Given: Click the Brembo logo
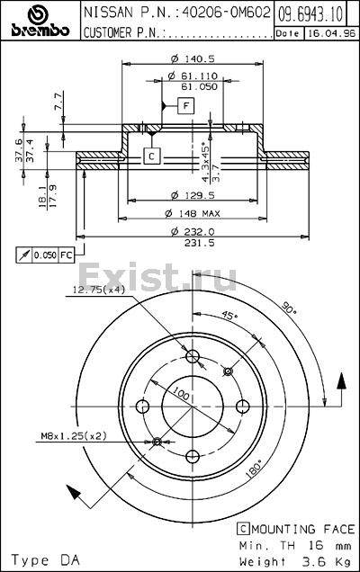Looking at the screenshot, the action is [x=40, y=20].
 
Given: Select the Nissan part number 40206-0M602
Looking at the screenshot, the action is [x=227, y=13].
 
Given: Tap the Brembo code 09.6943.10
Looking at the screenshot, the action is [x=310, y=13].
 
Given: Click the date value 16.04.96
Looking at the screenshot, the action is [x=331, y=33].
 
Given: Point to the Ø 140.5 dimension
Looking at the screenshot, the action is [x=193, y=58].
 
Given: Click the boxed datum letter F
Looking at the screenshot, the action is [x=186, y=106].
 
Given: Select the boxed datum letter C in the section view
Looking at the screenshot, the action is [x=152, y=156].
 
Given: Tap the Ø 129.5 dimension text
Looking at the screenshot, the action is [x=193, y=195].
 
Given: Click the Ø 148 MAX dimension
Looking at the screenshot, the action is [x=193, y=213].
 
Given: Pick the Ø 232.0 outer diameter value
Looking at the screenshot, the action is [x=193, y=231].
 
